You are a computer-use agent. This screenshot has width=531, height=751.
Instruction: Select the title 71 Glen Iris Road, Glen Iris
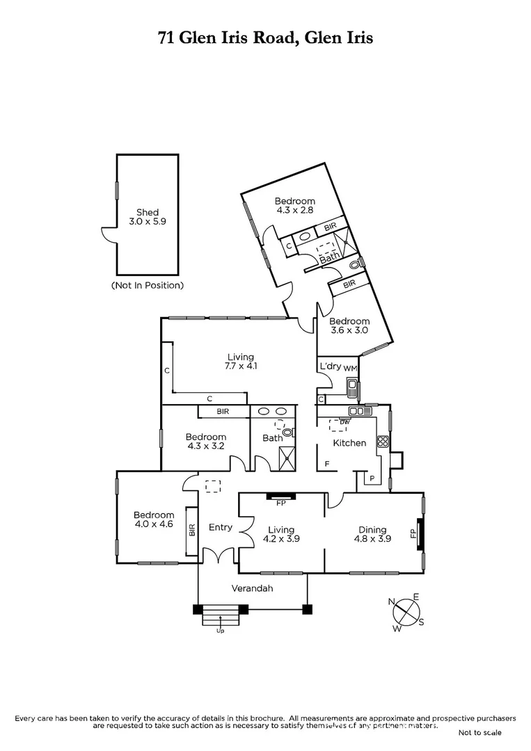click(x=265, y=38)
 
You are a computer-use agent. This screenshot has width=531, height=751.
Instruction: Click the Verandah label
click(x=252, y=588)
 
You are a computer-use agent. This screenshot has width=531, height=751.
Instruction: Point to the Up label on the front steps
click(x=221, y=631)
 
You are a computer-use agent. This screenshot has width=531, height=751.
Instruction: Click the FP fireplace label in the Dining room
click(x=413, y=534)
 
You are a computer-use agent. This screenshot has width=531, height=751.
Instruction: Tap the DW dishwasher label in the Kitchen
click(x=344, y=422)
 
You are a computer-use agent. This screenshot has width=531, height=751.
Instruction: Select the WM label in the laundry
click(x=350, y=367)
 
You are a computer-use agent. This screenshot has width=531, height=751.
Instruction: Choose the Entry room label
click(x=221, y=527)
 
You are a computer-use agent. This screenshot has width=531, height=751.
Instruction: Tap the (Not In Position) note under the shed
click(x=148, y=285)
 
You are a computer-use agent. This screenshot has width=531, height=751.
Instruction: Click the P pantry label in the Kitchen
click(x=372, y=478)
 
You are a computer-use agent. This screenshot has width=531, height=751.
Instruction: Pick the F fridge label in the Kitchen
click(x=327, y=464)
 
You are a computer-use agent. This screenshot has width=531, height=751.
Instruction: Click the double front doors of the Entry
click(x=221, y=556)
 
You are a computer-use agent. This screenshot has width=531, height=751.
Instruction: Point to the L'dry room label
click(x=329, y=366)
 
